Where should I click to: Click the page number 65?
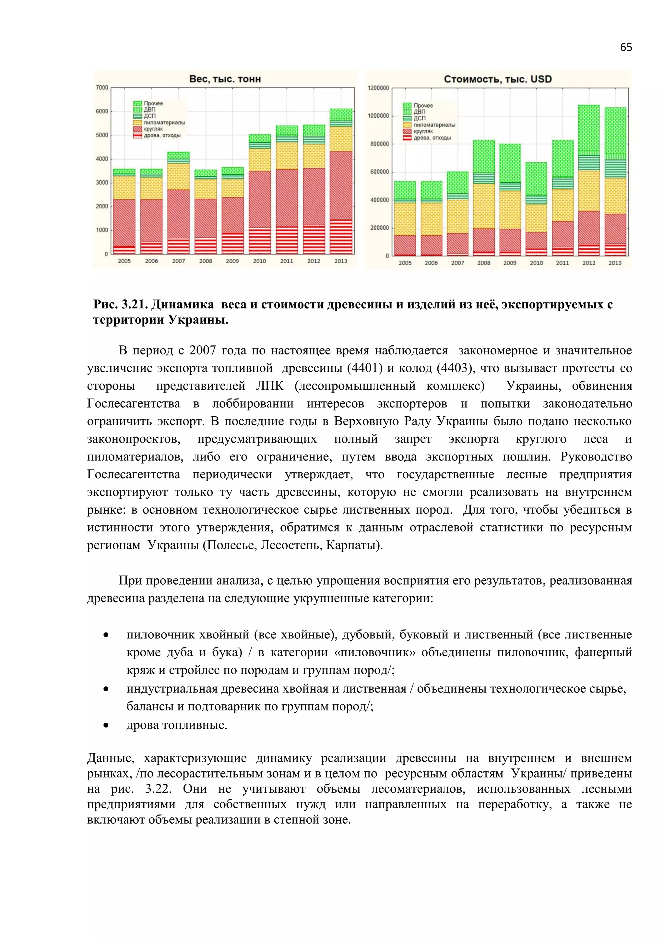coord(625,47)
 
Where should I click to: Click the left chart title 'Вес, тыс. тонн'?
coord(225,79)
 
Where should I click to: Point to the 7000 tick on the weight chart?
coord(102,88)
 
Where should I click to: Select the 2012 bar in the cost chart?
coord(589,180)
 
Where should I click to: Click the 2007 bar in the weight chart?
coord(178,203)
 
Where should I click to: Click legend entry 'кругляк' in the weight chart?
coord(153,129)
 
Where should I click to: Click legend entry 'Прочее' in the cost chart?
coord(423,105)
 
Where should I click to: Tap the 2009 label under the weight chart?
coord(232,261)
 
